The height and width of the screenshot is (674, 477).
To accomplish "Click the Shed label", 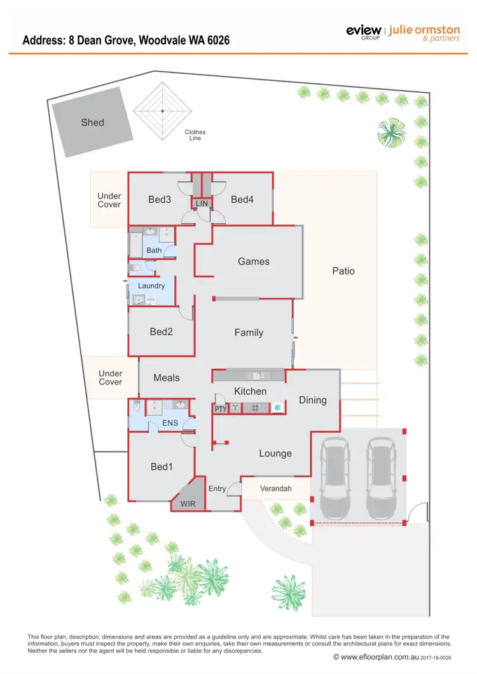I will tap(92, 122).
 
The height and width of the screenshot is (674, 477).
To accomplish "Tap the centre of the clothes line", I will tap(163, 111).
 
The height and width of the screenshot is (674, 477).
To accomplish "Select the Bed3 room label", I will tap(160, 200).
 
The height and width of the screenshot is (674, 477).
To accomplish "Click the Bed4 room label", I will tap(242, 200).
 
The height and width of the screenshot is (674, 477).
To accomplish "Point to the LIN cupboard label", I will tap(202, 203).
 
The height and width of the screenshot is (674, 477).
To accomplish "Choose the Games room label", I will tap(254, 261).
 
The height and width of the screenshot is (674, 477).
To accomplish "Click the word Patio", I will tap(343, 271).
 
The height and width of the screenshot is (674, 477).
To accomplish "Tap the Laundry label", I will tap(151, 285).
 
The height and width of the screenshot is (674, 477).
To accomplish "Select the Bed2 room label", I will tap(162, 331).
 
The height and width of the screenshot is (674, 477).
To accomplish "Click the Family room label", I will tap(249, 333).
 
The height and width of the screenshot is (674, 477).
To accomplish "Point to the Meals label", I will tap(167, 378).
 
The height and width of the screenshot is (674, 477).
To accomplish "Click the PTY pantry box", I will tap(220, 408).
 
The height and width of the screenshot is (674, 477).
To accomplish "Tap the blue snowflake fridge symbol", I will tap(277, 408).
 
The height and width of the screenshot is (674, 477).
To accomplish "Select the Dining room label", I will tap(312, 400).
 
